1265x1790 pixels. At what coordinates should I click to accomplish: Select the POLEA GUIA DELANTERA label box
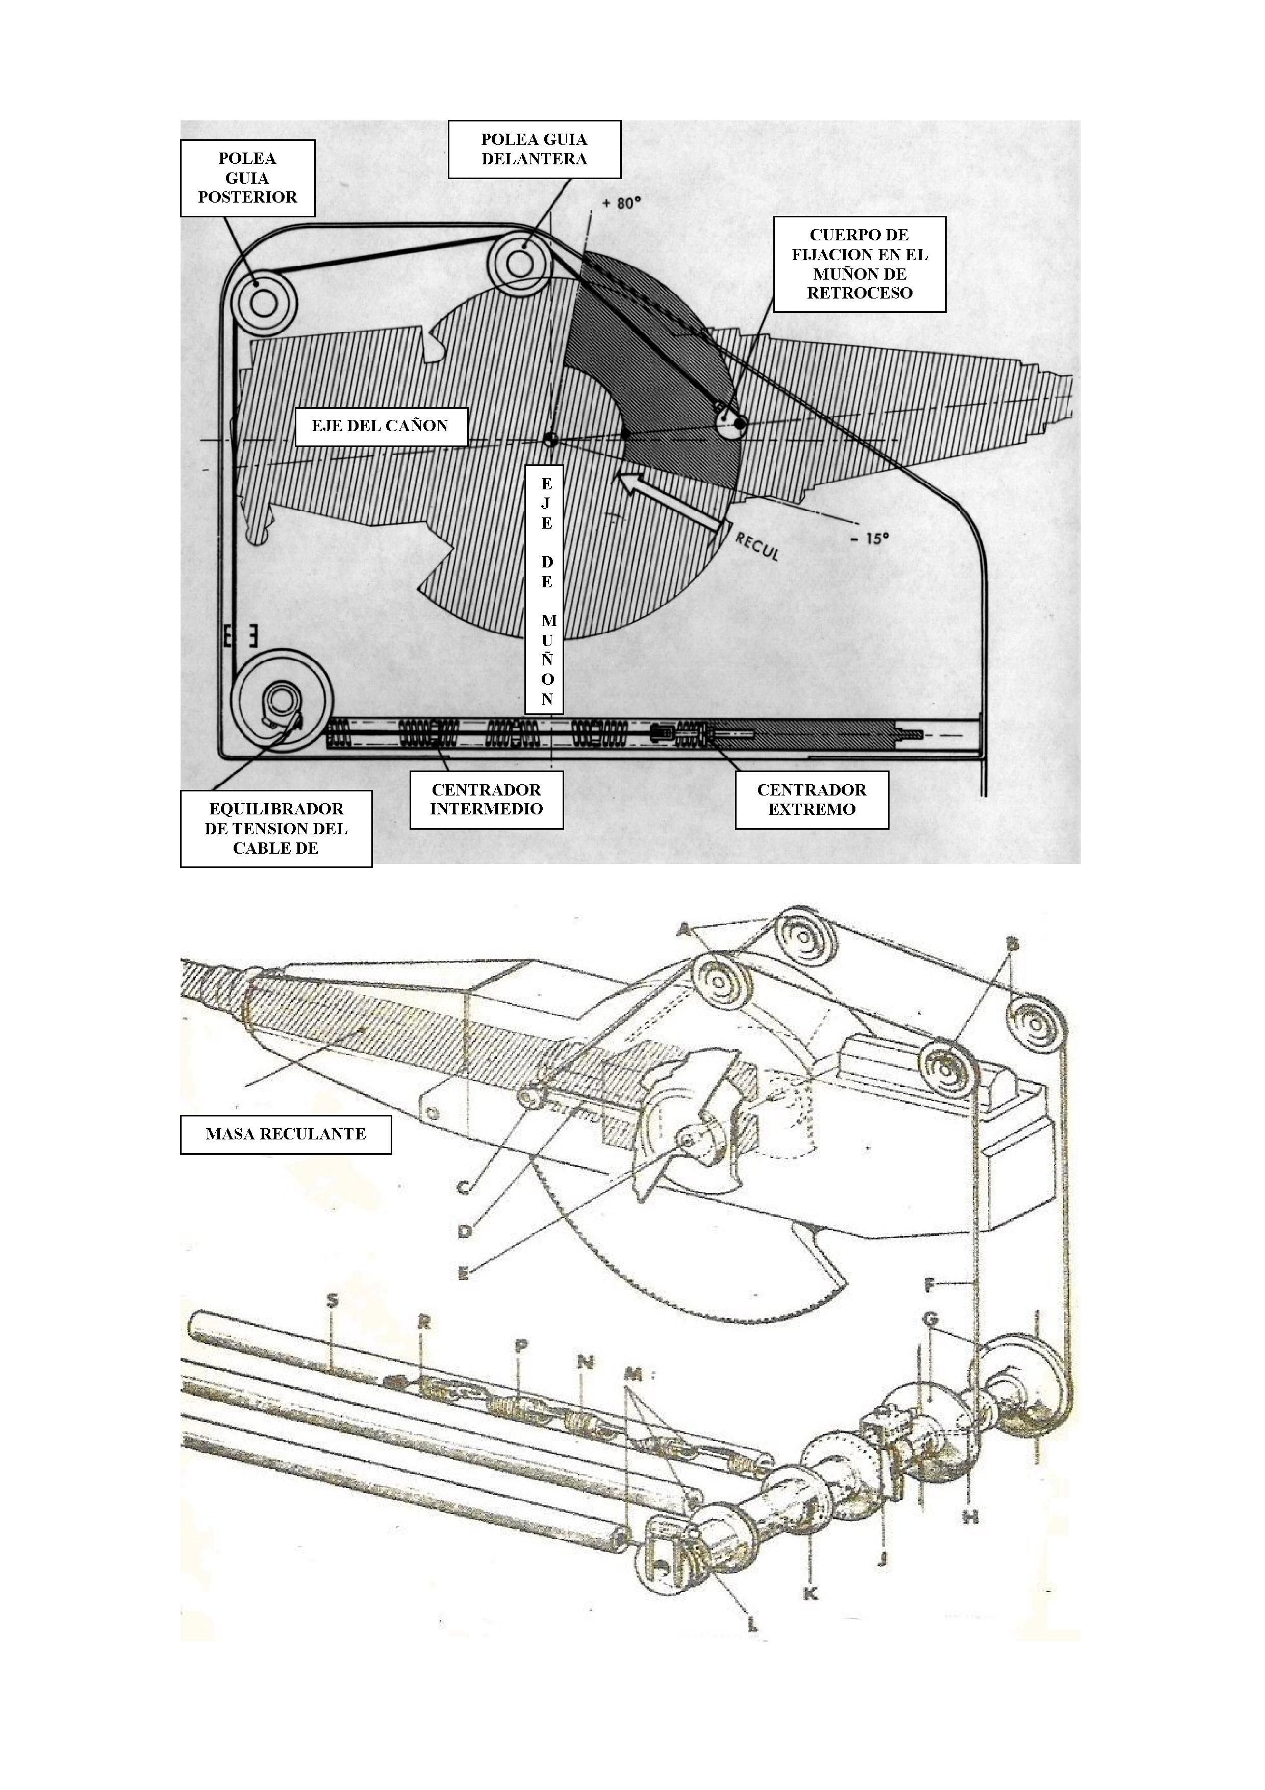tap(534, 149)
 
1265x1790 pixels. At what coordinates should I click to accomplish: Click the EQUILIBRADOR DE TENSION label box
tap(276, 828)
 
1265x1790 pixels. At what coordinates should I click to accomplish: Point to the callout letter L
tap(752, 1624)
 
